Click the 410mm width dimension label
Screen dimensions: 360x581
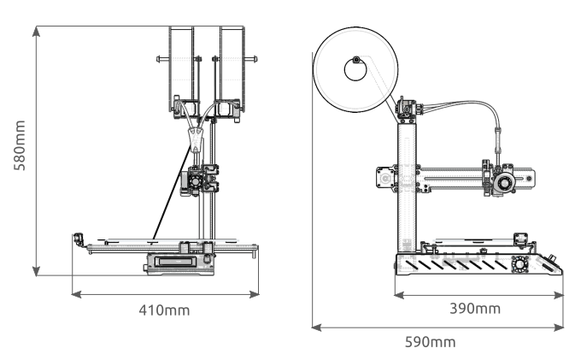(164, 310)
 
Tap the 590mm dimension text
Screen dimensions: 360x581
(429, 342)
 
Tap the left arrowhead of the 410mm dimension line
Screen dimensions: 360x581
(75, 293)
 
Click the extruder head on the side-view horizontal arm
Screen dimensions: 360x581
(499, 180)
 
